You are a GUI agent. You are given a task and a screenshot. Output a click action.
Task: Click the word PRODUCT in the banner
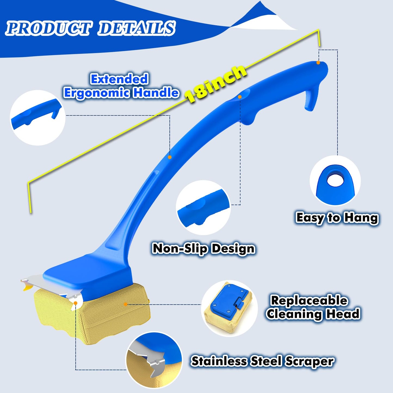48,28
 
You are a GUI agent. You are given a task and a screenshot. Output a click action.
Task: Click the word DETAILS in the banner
136,28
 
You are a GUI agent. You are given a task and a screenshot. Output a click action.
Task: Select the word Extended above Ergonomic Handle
119,79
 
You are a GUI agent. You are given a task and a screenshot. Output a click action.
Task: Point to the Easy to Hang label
337,218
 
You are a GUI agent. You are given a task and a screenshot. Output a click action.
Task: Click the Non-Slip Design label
204,249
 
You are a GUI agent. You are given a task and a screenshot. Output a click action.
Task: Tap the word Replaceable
309,301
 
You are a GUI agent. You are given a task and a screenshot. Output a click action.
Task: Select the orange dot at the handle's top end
318,63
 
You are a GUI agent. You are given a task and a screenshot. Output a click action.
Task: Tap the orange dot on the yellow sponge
126,304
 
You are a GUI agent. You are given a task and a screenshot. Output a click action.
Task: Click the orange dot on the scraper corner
75,303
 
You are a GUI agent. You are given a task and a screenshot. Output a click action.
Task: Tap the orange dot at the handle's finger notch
240,97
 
